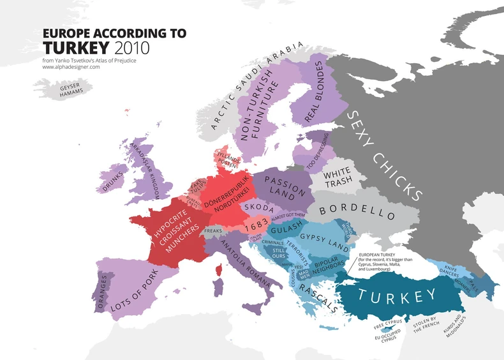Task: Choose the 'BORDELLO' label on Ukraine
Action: pyautogui.click(x=357, y=209)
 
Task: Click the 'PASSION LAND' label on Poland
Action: pyautogui.click(x=281, y=184)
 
